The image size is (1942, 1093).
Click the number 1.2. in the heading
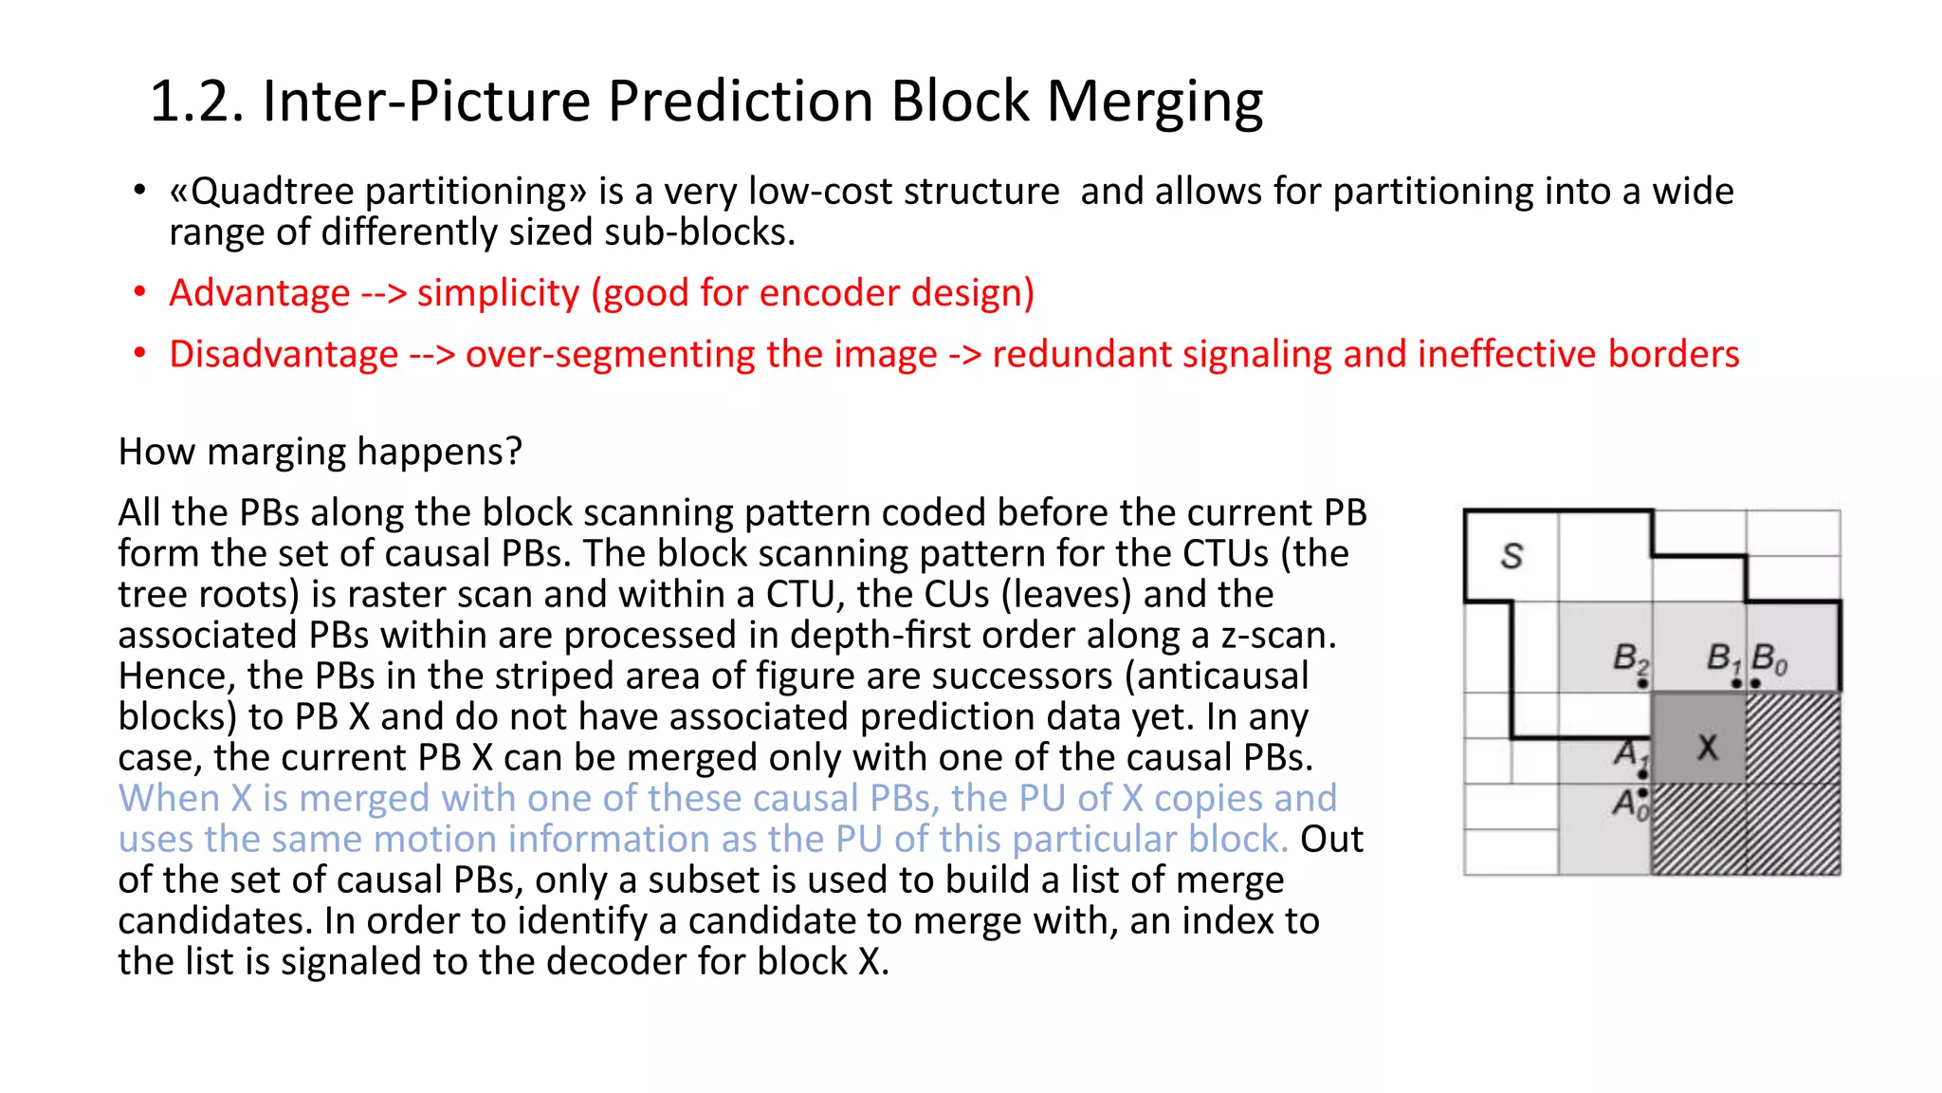196,102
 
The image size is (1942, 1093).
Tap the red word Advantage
259,293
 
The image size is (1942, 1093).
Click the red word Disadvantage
284,355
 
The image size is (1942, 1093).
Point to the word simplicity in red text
498,293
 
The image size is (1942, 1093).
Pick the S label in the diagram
1511,556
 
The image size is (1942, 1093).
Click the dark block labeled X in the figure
1706,748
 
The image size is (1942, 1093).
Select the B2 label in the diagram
1630,657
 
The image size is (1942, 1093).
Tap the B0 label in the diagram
1768,658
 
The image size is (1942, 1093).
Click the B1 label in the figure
1722,657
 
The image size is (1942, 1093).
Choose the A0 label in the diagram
1630,805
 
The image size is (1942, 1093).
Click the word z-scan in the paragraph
1277,636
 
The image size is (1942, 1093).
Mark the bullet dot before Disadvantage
140,354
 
